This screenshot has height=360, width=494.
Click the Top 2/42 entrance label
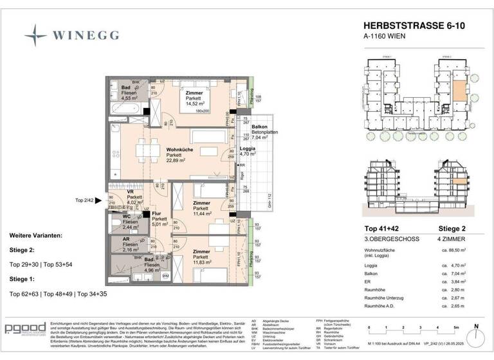point(85,201)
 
